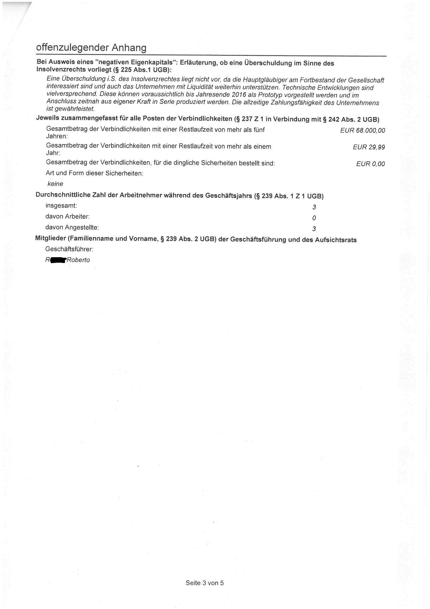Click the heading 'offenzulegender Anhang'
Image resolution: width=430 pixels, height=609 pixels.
(91, 48)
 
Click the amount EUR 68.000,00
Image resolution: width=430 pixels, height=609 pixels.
(362, 130)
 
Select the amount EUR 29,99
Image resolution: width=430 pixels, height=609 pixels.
(369, 147)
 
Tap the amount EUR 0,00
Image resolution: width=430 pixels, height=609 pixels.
(370, 164)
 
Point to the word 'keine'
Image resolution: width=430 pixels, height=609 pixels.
(55, 184)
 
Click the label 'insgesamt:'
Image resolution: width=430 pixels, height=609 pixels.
(61, 206)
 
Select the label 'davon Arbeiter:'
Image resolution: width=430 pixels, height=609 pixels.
(67, 216)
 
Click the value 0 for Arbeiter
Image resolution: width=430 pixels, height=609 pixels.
(314, 218)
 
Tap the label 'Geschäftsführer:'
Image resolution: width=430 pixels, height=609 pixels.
(69, 249)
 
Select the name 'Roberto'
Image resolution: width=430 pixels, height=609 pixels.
(78, 260)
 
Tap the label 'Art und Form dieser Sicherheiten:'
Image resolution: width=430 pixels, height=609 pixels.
(94, 173)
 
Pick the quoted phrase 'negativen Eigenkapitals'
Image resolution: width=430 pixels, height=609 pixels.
(135, 63)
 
